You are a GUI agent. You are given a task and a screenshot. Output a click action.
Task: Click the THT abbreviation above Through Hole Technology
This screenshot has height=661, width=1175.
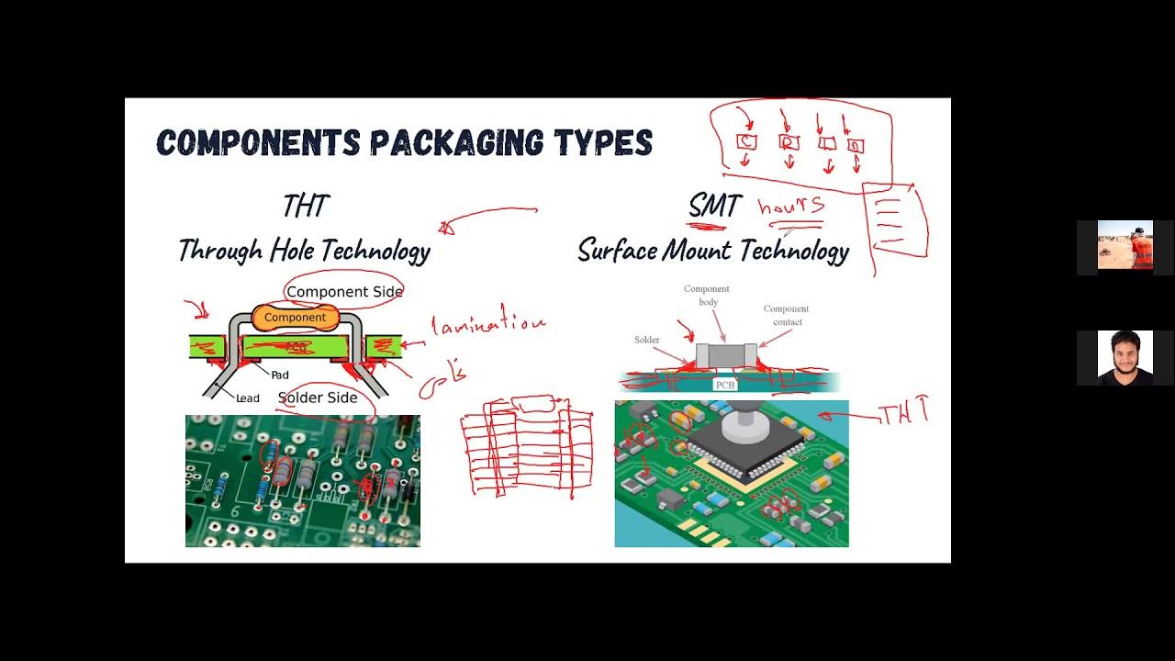[x=305, y=206]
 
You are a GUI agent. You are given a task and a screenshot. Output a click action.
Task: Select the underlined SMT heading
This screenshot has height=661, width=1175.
[x=714, y=206]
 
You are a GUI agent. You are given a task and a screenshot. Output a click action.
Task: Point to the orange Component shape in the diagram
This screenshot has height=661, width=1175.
[x=295, y=318]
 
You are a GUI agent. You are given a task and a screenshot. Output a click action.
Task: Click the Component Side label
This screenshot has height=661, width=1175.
[x=344, y=292]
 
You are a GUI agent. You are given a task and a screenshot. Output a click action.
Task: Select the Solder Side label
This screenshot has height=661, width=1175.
[x=318, y=398]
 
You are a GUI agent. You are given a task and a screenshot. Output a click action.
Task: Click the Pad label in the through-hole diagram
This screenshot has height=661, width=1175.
[x=280, y=375]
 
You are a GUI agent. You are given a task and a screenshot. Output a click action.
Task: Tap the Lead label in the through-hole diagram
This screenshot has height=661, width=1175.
[x=248, y=398]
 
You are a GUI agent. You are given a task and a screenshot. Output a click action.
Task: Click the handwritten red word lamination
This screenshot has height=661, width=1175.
[x=487, y=324]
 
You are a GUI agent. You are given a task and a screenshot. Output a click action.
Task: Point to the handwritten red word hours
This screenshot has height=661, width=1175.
[x=790, y=207]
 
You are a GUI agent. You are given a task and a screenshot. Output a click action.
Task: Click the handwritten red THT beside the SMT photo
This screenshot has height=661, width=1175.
[x=904, y=413]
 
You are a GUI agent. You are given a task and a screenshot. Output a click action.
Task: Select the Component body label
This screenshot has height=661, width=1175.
[x=707, y=296]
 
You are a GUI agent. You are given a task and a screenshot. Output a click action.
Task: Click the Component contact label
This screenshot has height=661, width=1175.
[x=786, y=315]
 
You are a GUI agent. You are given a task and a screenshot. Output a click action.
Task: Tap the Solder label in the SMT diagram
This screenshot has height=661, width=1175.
[x=647, y=340]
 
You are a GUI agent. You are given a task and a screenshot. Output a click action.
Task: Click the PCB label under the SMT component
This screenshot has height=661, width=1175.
[x=725, y=385]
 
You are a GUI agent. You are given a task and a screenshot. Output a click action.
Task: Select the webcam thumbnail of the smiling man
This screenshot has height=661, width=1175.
[x=1125, y=357]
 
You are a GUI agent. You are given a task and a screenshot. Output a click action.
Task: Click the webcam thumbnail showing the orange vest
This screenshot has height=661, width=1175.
[x=1125, y=246]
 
